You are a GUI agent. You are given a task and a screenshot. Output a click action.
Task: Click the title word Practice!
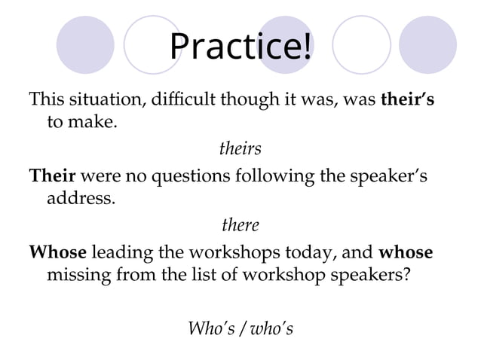coord(240,46)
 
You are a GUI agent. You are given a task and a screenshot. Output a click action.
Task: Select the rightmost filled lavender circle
coord(427,45)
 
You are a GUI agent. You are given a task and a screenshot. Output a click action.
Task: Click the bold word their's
coord(408,99)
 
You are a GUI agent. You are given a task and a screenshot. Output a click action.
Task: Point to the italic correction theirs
coord(240,148)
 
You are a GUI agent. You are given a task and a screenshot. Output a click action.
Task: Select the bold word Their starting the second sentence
coord(51,176)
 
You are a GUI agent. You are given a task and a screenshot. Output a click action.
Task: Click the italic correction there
coord(240,225)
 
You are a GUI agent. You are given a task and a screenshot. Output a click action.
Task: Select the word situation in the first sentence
coord(100,99)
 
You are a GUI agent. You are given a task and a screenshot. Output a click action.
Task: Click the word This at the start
coord(47,99)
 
